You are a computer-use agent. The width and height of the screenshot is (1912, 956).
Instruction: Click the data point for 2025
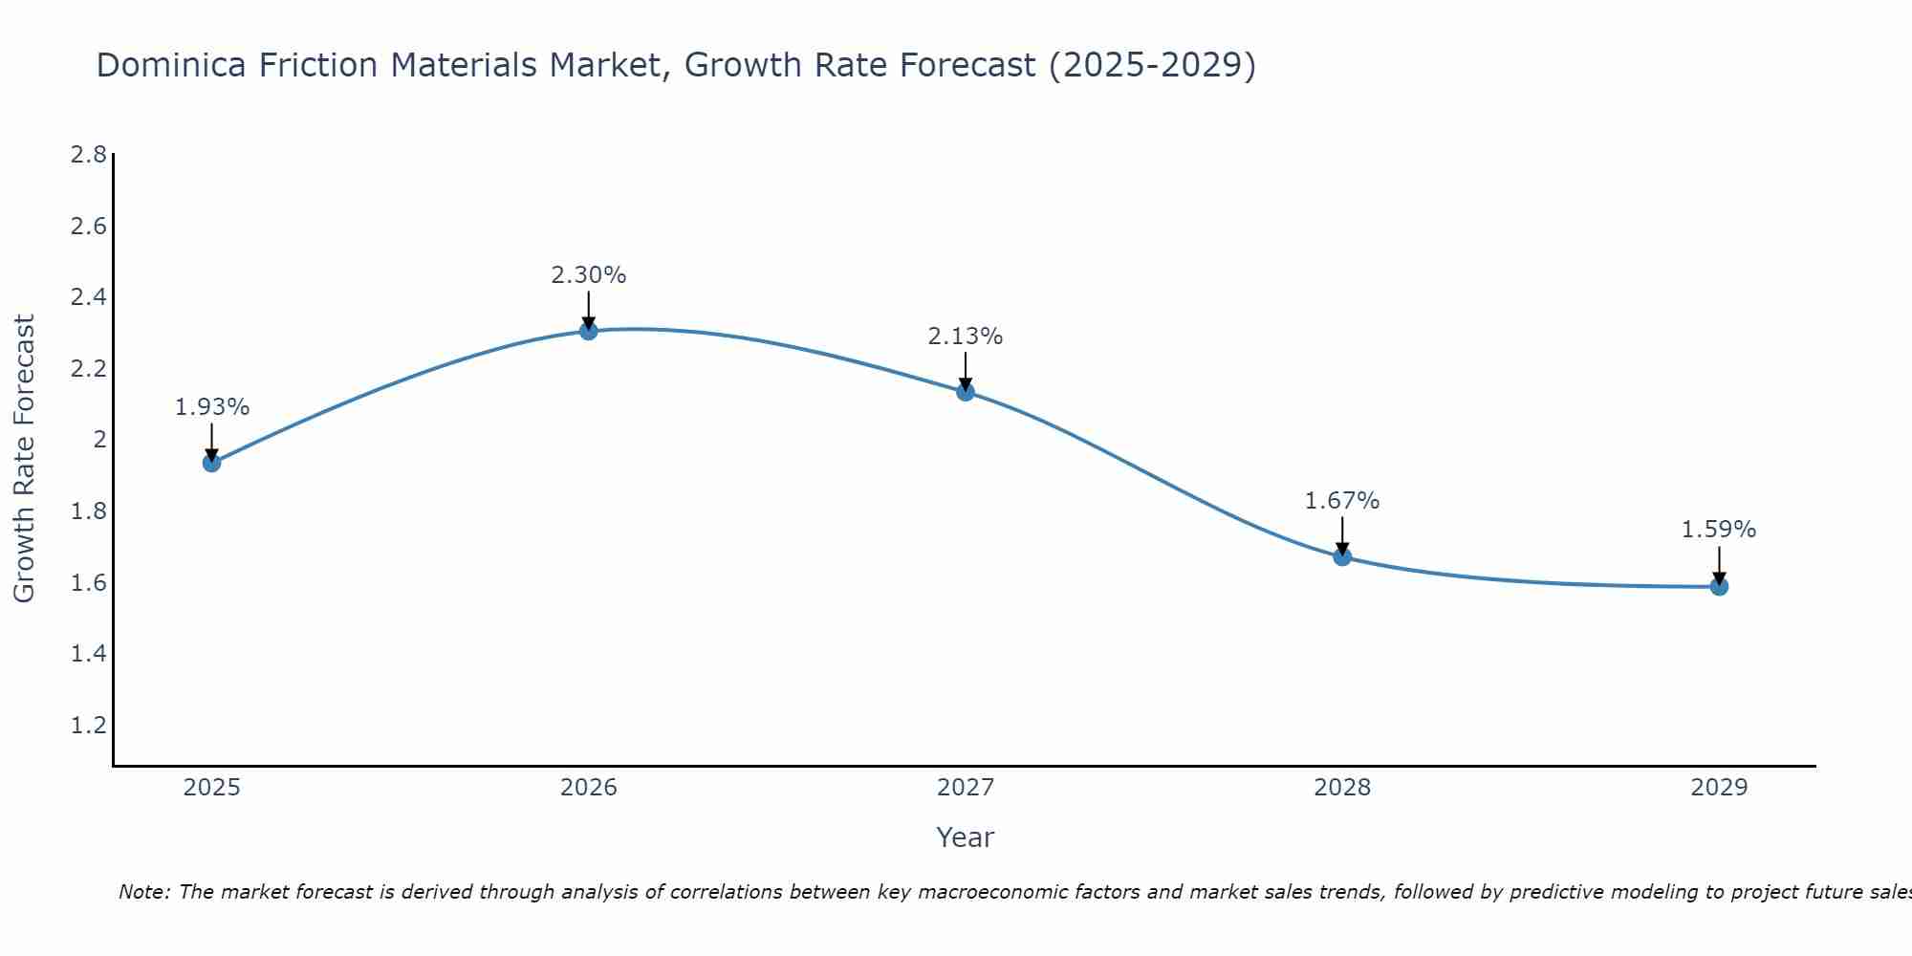pyautogui.click(x=211, y=463)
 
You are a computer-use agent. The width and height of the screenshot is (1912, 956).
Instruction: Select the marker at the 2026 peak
pyautogui.click(x=589, y=331)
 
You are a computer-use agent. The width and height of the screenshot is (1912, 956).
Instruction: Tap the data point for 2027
pyautogui.click(x=966, y=391)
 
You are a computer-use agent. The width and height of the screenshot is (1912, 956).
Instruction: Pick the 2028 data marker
pyautogui.click(x=1342, y=556)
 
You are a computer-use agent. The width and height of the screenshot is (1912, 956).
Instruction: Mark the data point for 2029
pyautogui.click(x=1719, y=586)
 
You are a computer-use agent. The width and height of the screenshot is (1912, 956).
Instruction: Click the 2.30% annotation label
pyautogui.click(x=589, y=275)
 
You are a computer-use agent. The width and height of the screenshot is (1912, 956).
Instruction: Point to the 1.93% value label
pyautogui.click(x=212, y=407)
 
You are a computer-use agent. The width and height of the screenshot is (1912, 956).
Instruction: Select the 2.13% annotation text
pyautogui.click(x=966, y=337)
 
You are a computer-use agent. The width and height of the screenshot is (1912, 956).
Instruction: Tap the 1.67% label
pyautogui.click(x=1342, y=501)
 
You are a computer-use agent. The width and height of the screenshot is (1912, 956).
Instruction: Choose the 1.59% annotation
pyautogui.click(x=1719, y=530)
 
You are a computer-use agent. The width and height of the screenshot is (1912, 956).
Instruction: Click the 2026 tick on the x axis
pyautogui.click(x=589, y=788)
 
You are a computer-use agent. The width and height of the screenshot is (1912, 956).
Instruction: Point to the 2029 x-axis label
pyautogui.click(x=1719, y=788)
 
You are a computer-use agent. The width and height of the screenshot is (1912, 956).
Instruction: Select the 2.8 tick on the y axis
pyautogui.click(x=89, y=155)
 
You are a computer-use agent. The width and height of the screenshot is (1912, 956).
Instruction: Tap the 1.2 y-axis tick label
pyautogui.click(x=89, y=726)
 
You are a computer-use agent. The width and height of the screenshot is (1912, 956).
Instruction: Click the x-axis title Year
pyautogui.click(x=966, y=837)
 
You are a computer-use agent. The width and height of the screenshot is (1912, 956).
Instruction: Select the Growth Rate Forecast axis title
pyautogui.click(x=25, y=459)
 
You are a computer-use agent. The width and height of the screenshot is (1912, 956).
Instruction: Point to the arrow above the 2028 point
pyautogui.click(x=1342, y=535)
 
